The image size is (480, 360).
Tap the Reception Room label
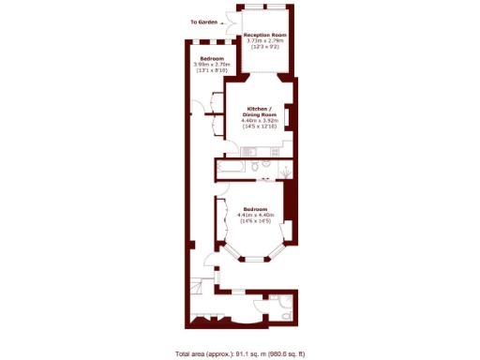(265, 35)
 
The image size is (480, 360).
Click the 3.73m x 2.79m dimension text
(265, 41)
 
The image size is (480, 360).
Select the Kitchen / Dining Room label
(257, 112)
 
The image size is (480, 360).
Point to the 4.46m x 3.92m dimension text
(257, 120)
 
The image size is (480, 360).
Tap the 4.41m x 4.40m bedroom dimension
(255, 215)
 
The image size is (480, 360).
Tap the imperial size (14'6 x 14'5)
(255, 221)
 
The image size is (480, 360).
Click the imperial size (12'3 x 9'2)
(265, 48)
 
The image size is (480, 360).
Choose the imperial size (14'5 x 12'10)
(257, 127)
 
